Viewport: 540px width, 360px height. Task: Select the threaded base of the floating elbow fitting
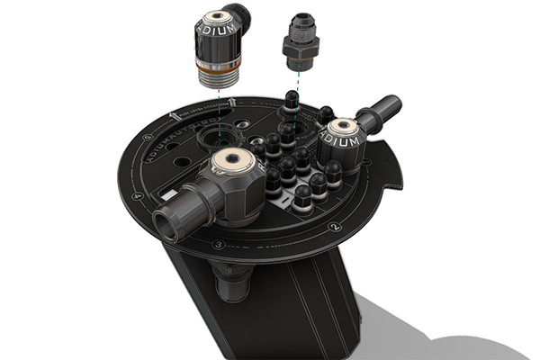coord(219,74)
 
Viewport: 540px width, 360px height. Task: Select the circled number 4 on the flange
coord(138,194)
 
